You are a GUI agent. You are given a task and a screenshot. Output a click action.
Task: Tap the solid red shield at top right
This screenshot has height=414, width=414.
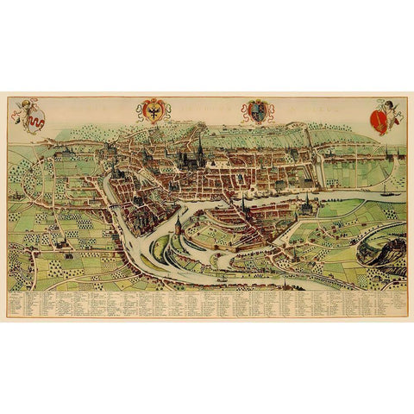[378, 116]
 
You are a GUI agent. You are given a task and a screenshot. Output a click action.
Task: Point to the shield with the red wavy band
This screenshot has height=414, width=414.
[35, 121]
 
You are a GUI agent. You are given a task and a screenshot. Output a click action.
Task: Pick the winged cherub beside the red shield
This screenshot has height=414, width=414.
[392, 106]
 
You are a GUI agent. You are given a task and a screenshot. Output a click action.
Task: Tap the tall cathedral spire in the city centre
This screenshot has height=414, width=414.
[200, 147]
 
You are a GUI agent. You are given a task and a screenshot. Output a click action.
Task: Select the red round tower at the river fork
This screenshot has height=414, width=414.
[179, 228]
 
